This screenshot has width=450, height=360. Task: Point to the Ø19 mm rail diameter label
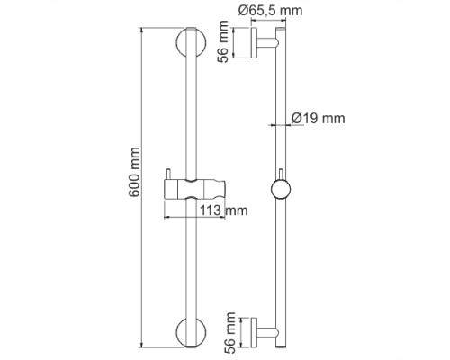(321, 118)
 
